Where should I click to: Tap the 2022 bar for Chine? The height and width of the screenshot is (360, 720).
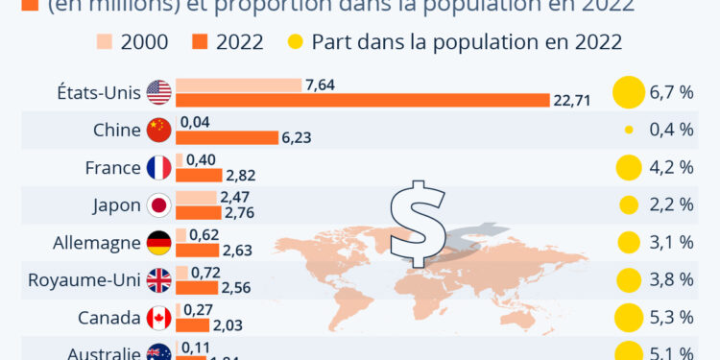tap(227, 137)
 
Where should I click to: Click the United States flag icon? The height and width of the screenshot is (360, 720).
tap(158, 93)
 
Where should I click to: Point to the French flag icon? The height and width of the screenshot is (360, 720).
tap(158, 168)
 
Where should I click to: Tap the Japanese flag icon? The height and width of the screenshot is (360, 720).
tap(158, 205)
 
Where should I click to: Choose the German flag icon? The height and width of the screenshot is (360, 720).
tap(158, 243)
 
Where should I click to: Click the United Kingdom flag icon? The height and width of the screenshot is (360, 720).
tap(158, 280)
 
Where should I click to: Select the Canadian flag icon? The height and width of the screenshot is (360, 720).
tap(158, 317)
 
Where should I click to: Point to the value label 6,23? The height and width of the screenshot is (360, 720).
tap(298, 137)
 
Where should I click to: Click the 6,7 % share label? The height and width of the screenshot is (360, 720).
tap(671, 93)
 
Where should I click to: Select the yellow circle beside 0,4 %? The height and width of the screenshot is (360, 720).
tap(629, 131)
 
